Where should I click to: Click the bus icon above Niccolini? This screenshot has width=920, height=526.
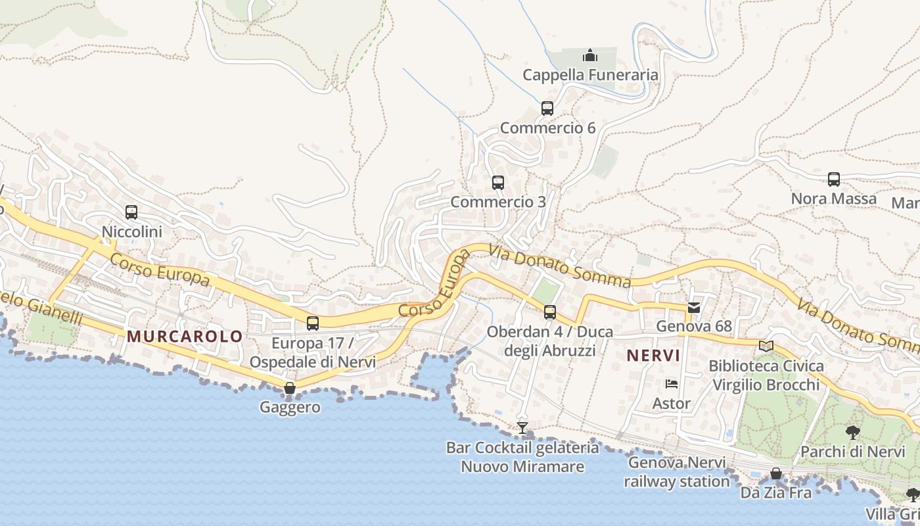tap(131, 212)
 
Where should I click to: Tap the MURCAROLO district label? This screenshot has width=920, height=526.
tap(185, 337)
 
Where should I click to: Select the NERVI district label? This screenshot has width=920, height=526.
tap(653, 356)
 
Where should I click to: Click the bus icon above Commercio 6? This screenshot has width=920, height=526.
tap(547, 108)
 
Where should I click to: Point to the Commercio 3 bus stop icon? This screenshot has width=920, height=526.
tap(498, 183)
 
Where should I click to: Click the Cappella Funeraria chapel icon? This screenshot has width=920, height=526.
tap(590, 55)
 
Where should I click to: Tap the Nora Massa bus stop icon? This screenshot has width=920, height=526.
tap(833, 179)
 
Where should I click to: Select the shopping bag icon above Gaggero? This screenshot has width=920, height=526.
tap(290, 388)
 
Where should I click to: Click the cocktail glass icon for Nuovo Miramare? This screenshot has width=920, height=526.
tap(522, 428)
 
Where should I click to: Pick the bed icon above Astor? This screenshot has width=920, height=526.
tap(671, 384)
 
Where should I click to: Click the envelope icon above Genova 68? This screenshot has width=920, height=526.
tap(693, 307)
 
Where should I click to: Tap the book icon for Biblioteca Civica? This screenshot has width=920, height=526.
tap(766, 346)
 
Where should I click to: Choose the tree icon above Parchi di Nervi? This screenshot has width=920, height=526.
tap(852, 433)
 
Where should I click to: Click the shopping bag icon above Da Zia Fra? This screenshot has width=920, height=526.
tap(776, 473)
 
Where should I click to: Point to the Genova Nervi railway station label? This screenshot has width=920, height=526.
tap(677, 471)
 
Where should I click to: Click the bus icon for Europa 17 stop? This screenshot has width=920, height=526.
tap(313, 323)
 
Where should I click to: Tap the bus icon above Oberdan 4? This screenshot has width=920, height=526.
tap(550, 312)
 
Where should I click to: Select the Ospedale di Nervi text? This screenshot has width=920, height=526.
tap(312, 362)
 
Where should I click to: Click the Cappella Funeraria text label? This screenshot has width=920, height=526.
tap(590, 75)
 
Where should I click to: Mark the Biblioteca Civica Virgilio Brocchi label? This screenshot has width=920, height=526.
tap(766, 375)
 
